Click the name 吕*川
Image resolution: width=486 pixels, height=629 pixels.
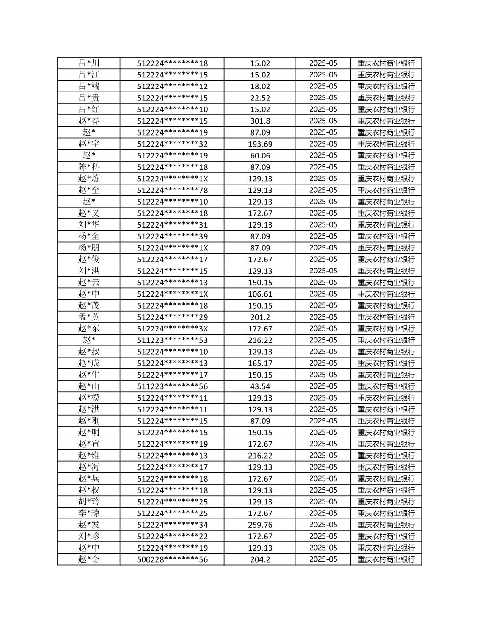point(89,63)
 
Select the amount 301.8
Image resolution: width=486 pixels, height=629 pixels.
point(260,121)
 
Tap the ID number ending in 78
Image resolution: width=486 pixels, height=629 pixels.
point(172,190)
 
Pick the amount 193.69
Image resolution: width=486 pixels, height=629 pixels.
point(260,144)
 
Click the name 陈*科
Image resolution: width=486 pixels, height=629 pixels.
point(89,167)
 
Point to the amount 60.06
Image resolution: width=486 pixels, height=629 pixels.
point(260,155)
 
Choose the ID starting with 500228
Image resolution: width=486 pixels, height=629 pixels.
point(172,559)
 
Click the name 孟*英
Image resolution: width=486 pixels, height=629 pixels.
point(89,317)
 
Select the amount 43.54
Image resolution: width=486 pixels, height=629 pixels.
point(260,386)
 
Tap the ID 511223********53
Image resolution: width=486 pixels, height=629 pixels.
point(172,340)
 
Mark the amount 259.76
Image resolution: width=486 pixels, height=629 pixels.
point(260,525)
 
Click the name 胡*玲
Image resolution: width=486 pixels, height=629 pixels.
point(89,502)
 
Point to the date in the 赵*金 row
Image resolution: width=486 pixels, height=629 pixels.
point(323,559)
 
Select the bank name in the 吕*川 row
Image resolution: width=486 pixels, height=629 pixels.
point(386,63)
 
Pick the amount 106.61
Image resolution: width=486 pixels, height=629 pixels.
point(260,294)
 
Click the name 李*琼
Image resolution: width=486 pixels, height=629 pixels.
point(89,513)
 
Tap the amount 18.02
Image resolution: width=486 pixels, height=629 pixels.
point(260,86)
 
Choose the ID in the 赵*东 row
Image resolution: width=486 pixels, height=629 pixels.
point(172,329)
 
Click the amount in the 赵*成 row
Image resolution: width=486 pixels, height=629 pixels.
point(260,363)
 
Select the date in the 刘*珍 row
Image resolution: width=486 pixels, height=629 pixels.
point(323,536)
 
